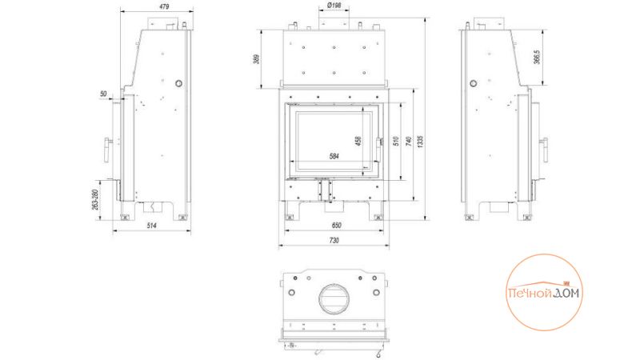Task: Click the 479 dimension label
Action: click(165, 6)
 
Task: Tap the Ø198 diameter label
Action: click(334, 6)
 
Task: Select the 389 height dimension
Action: click(256, 58)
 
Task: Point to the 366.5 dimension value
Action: click(537, 57)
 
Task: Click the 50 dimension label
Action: click(103, 94)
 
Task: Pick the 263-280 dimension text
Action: click(95, 200)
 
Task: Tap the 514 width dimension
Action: click(152, 226)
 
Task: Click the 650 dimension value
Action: click(336, 226)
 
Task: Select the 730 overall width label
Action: click(334, 241)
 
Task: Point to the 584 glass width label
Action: click(334, 156)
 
